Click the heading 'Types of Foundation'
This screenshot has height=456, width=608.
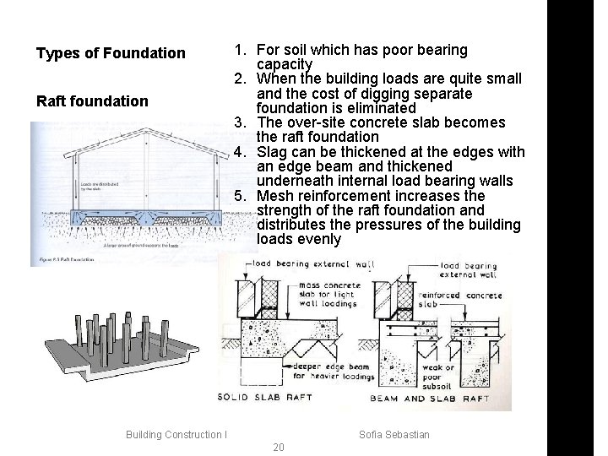tap(111, 54)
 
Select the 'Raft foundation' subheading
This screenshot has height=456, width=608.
tap(92, 102)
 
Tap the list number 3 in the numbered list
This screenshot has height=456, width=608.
tap(240, 122)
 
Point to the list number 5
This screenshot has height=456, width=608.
tap(240, 196)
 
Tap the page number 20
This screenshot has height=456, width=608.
tap(280, 447)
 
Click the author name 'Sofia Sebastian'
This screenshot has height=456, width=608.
tap(394, 435)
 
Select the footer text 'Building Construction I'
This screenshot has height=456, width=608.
tap(176, 435)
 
